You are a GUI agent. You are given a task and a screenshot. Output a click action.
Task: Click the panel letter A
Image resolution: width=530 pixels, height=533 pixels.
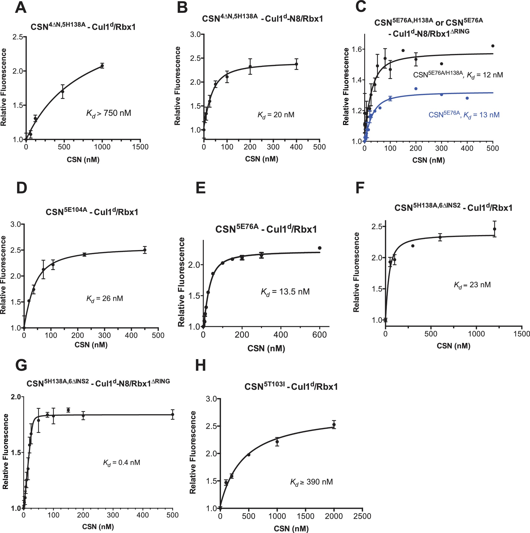point(21,8)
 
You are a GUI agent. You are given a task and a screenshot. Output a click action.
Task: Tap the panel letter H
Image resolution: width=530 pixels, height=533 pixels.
point(201,366)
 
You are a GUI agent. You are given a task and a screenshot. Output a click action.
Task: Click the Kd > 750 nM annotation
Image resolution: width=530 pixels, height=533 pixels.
point(109,113)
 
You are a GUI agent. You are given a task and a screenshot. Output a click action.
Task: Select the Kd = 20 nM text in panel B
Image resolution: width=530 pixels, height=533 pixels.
point(276,115)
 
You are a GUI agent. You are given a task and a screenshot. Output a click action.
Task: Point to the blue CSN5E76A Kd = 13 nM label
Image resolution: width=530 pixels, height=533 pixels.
point(464,115)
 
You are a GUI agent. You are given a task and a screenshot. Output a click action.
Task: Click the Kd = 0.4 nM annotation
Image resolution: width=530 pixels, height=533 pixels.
point(122,463)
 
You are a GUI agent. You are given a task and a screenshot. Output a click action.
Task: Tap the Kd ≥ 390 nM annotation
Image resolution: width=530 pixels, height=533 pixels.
point(311,482)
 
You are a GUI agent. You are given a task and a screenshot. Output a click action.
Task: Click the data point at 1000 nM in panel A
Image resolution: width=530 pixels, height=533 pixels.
point(102,66)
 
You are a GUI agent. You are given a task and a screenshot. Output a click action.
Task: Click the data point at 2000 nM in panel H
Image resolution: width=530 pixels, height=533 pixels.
point(334,425)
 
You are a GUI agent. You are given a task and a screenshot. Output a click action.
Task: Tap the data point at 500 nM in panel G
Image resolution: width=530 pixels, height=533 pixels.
point(173,414)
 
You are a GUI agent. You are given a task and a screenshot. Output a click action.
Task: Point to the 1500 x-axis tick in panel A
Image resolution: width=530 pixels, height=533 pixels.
point(140,147)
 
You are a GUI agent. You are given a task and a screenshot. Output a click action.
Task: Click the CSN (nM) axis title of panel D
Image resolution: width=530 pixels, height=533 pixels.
point(91,345)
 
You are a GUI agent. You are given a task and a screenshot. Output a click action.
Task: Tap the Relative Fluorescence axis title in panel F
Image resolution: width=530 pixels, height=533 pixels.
point(356,272)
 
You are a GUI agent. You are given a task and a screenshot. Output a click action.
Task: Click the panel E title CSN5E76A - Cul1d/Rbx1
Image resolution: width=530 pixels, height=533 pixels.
point(266,229)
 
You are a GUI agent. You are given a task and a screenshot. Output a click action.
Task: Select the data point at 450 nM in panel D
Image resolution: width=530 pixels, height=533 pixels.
point(145,250)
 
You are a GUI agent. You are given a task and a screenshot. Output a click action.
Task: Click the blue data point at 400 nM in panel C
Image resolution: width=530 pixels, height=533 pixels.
point(467,98)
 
